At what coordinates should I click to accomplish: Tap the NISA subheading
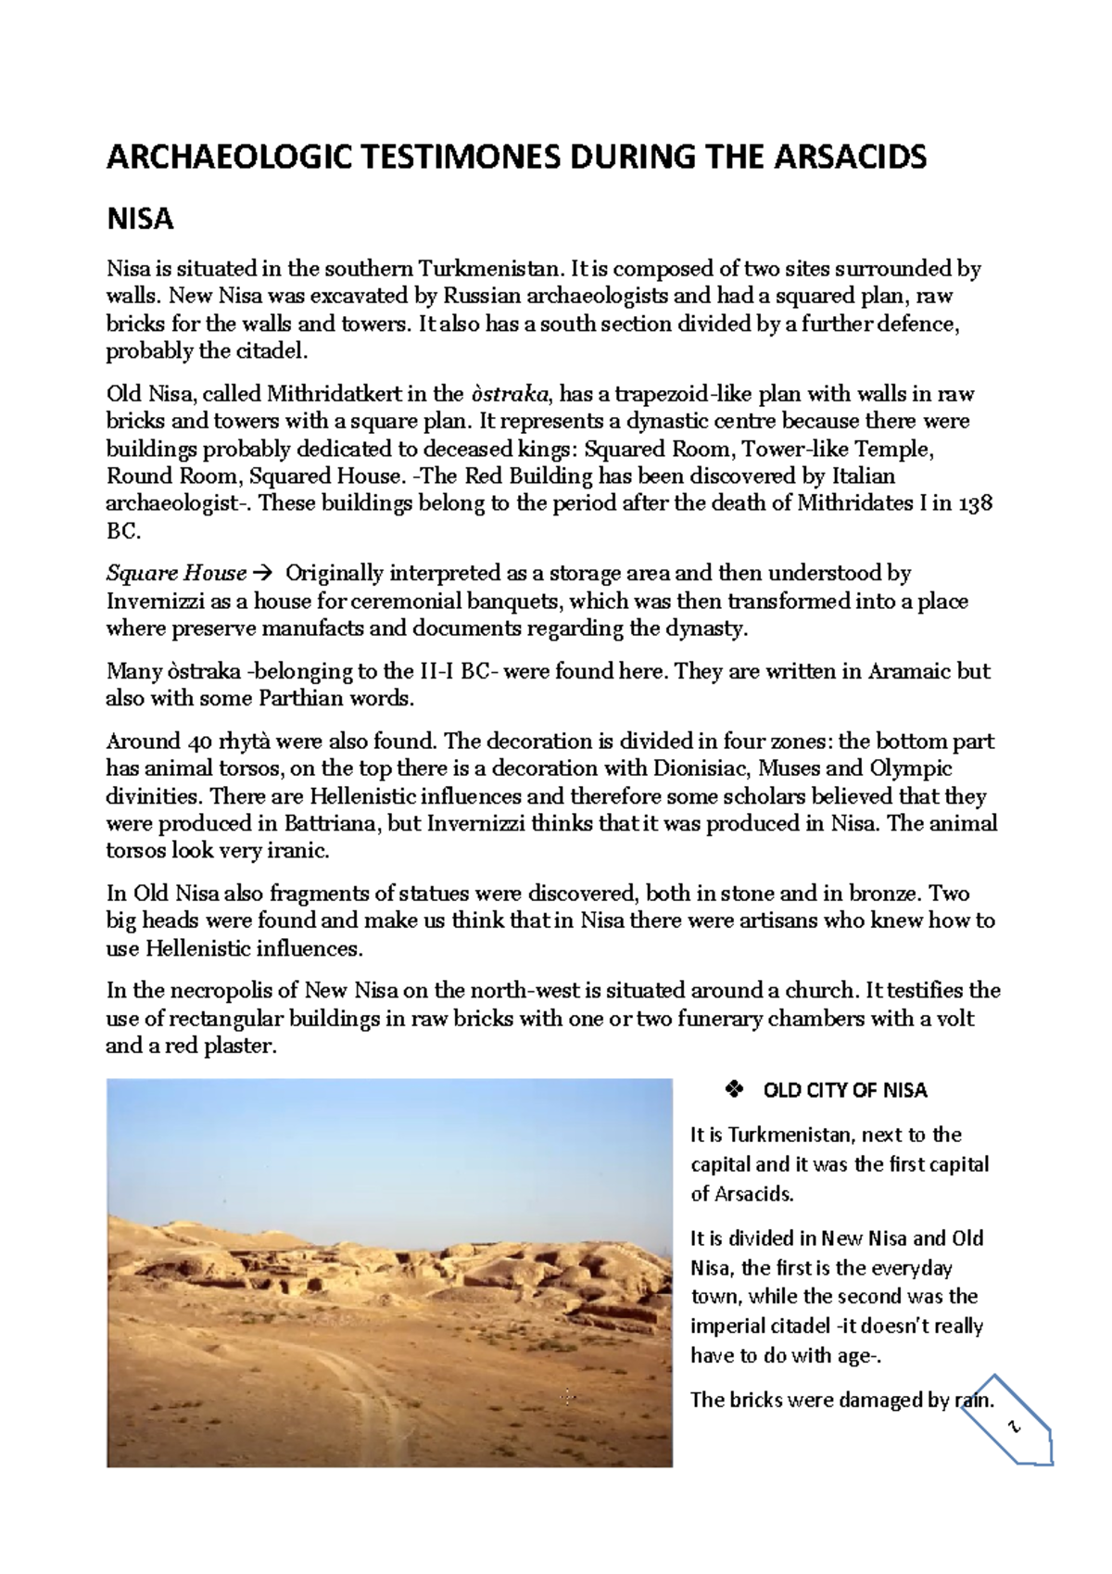click(x=140, y=220)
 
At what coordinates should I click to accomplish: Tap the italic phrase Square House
click(x=176, y=573)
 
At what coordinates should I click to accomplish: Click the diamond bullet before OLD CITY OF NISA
click(x=733, y=1090)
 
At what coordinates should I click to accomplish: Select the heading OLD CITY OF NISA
click(x=844, y=1090)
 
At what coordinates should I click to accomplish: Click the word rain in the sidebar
click(x=973, y=1400)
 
